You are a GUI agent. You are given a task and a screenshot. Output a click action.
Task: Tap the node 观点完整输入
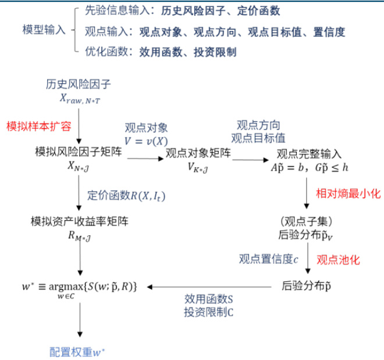309,154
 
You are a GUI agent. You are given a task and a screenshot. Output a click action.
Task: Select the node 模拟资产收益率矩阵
80,222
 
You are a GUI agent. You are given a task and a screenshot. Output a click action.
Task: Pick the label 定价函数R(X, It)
123,195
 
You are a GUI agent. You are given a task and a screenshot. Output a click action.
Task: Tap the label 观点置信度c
269,259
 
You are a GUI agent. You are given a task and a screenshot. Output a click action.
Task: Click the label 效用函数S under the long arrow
209,299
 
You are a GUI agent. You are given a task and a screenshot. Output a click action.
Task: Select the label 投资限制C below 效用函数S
209,312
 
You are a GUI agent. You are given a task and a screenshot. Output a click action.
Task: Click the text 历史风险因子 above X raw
79,85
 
